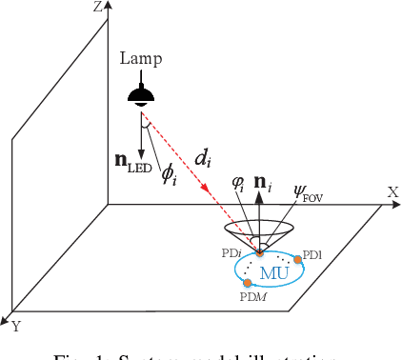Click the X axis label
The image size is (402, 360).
click(392, 191)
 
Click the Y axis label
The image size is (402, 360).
click(14, 327)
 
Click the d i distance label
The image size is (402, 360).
click(202, 158)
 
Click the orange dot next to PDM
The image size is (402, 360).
click(248, 284)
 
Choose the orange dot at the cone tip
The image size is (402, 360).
click(260, 251)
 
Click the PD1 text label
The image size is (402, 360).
click(313, 255)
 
